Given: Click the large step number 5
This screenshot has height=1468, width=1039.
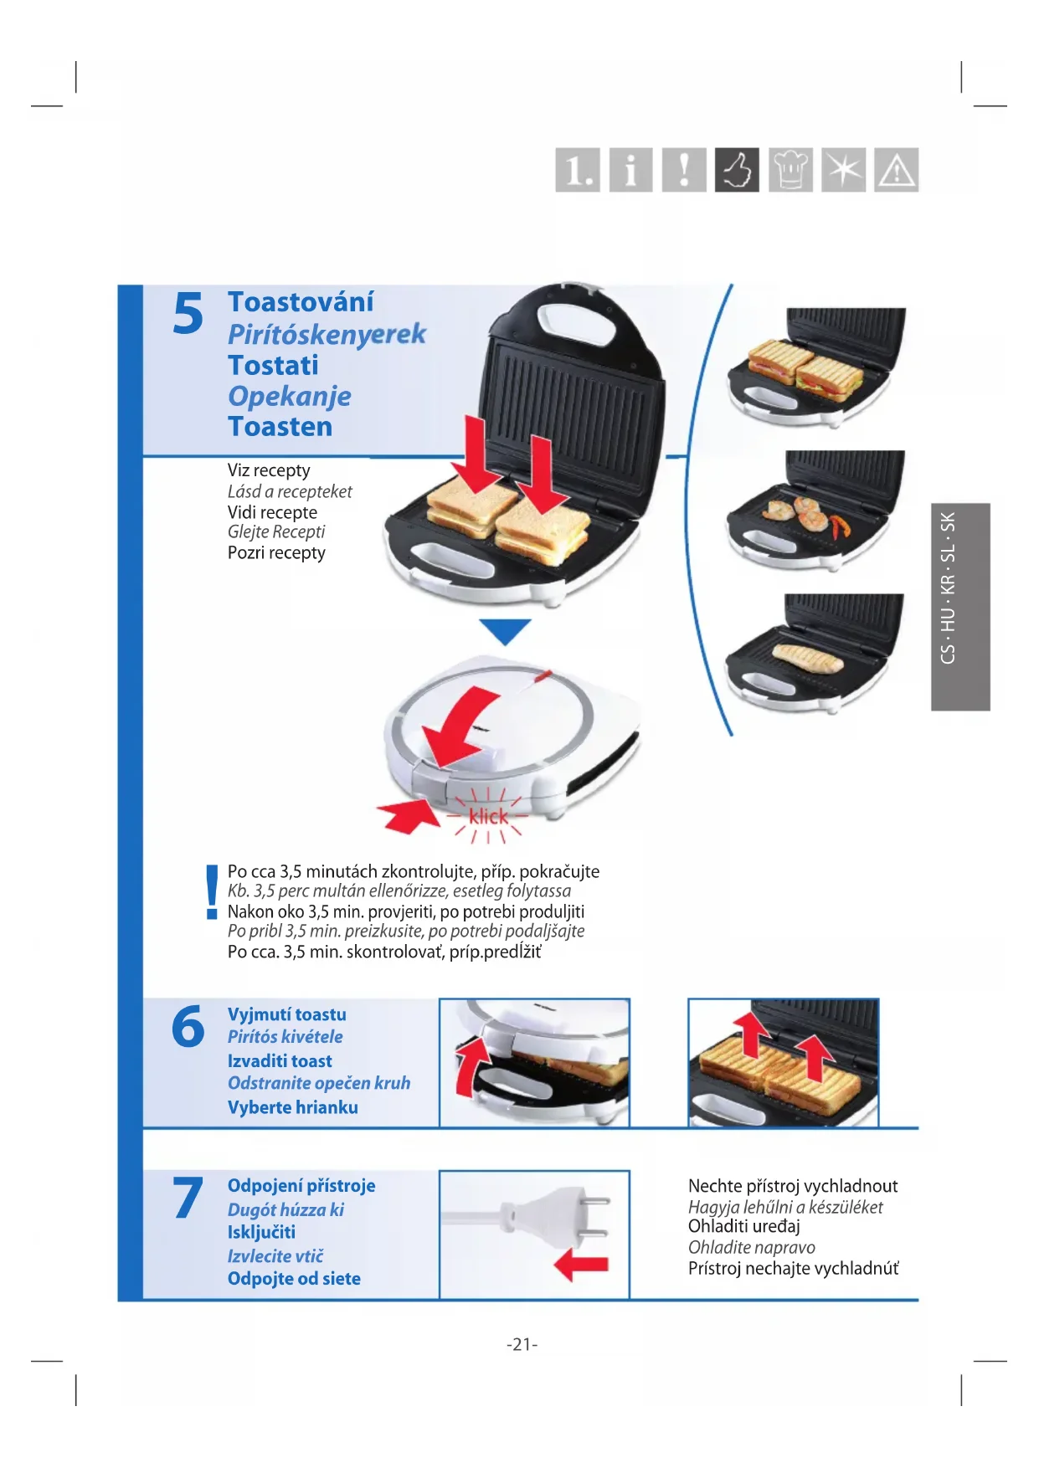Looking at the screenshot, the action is click(x=188, y=314).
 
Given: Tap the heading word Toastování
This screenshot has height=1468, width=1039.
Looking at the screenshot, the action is click(x=301, y=302).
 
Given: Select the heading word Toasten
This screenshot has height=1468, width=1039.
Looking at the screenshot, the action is click(x=280, y=427).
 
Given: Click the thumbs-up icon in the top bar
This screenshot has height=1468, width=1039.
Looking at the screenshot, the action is click(x=737, y=170).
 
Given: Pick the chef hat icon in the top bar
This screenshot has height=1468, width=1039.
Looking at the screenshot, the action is click(x=790, y=170).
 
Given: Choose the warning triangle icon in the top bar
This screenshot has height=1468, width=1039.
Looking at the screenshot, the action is click(x=897, y=170).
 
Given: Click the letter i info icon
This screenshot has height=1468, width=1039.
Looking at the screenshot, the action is click(x=630, y=170).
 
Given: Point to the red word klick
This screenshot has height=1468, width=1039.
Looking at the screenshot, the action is click(x=488, y=816).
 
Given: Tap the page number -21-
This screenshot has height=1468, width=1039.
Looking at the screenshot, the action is click(x=522, y=1344).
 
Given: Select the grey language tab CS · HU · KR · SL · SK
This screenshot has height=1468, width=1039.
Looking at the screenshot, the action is click(x=960, y=607).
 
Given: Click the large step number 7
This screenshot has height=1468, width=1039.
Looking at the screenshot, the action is click(x=188, y=1198).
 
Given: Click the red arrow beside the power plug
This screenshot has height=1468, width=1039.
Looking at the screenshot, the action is click(x=581, y=1265).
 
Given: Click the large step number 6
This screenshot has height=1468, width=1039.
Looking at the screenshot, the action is click(x=188, y=1027).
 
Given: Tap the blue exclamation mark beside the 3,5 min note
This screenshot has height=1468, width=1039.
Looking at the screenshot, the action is click(x=212, y=892).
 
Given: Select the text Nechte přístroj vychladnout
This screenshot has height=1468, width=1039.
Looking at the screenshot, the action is click(x=793, y=1186).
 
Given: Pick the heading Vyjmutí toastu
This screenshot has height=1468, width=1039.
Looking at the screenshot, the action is click(x=287, y=1014).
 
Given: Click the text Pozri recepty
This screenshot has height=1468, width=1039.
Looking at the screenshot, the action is click(x=276, y=553).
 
